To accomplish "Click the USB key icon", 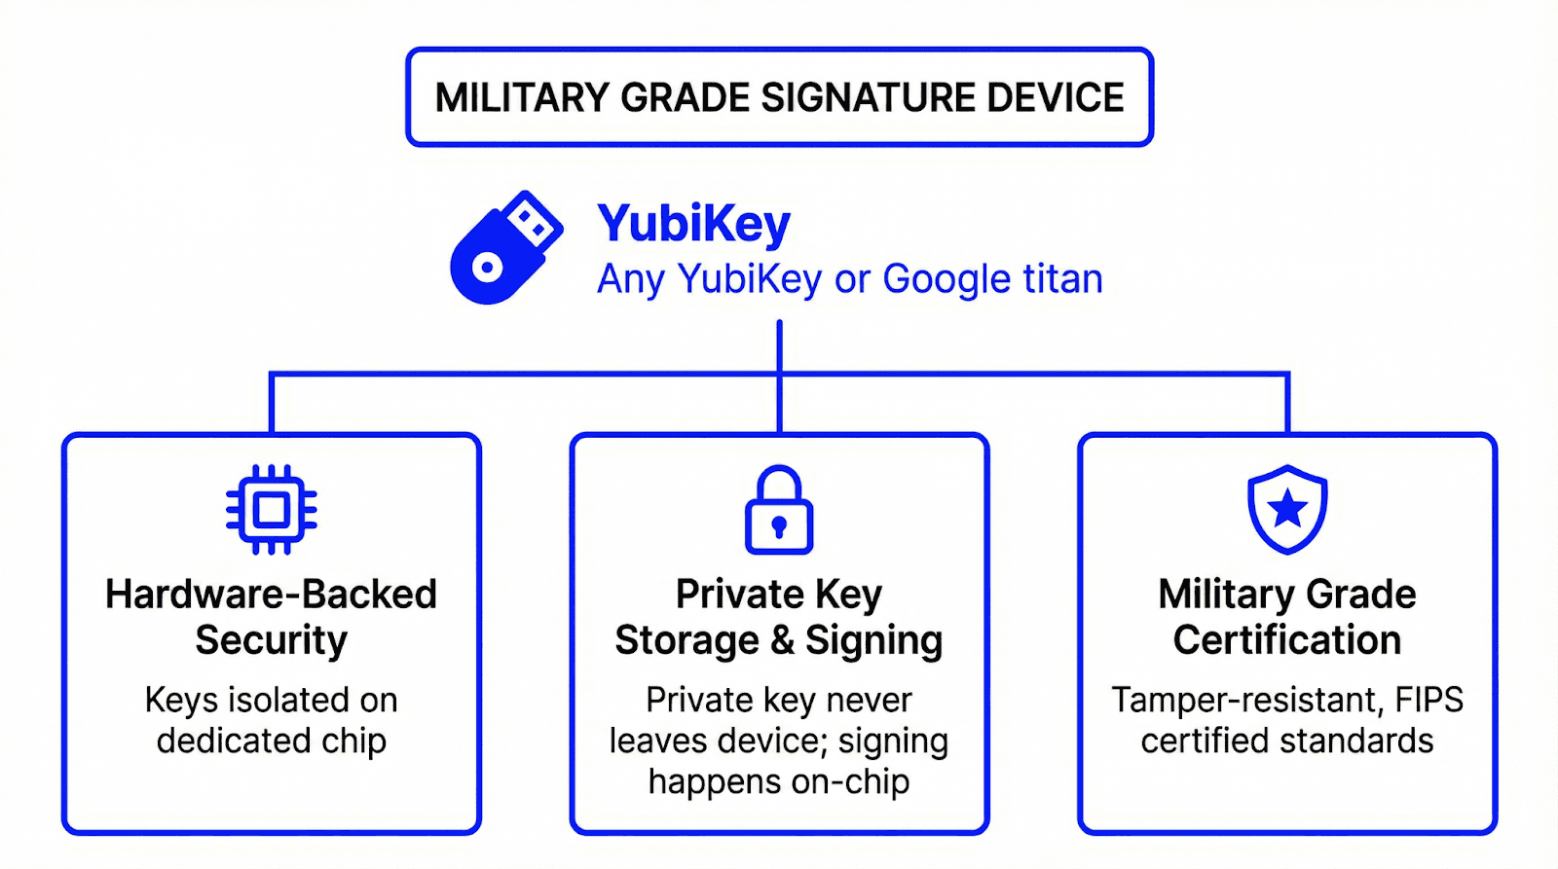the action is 504,247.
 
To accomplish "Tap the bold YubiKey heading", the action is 693,224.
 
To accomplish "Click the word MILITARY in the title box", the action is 522,98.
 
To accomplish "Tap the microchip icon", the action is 272,510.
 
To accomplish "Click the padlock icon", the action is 779,510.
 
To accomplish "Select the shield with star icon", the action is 1287,509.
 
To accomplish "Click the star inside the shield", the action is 1287,507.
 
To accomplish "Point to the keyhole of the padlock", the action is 779,527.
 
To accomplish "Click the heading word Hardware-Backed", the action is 271,595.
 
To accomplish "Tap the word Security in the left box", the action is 271,640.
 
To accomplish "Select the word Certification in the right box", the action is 1286,640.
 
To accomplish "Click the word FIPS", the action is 1428,700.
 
